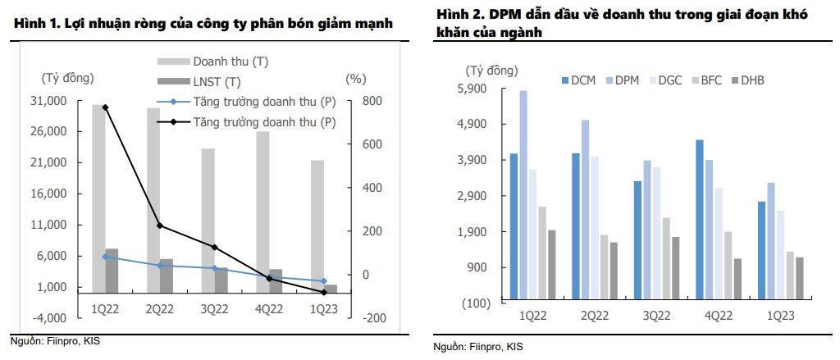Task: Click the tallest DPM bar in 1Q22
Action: (523, 197)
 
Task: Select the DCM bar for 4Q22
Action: (700, 221)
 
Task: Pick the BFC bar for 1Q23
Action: (789, 277)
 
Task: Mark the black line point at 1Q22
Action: (106, 107)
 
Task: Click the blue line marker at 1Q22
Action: (106, 257)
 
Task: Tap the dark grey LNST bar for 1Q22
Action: (112, 271)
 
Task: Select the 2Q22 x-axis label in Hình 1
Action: (160, 307)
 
